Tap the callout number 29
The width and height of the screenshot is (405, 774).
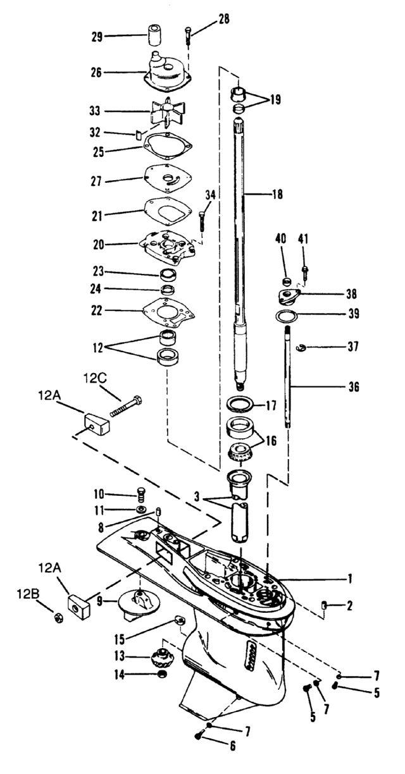pyautogui.click(x=97, y=36)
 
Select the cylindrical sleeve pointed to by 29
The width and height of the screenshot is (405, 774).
pyautogui.click(x=153, y=35)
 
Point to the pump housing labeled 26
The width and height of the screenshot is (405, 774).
pyautogui.click(x=168, y=73)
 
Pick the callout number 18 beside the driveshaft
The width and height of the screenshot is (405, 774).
pyautogui.click(x=277, y=194)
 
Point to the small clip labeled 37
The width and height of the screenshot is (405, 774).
pyautogui.click(x=302, y=347)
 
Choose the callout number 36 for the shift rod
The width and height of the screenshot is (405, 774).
pyautogui.click(x=354, y=386)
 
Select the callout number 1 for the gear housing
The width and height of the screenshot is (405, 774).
pyautogui.click(x=350, y=578)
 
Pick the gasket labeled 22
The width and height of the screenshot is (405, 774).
pyautogui.click(x=169, y=310)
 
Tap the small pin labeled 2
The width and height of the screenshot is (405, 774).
pyautogui.click(x=324, y=605)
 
